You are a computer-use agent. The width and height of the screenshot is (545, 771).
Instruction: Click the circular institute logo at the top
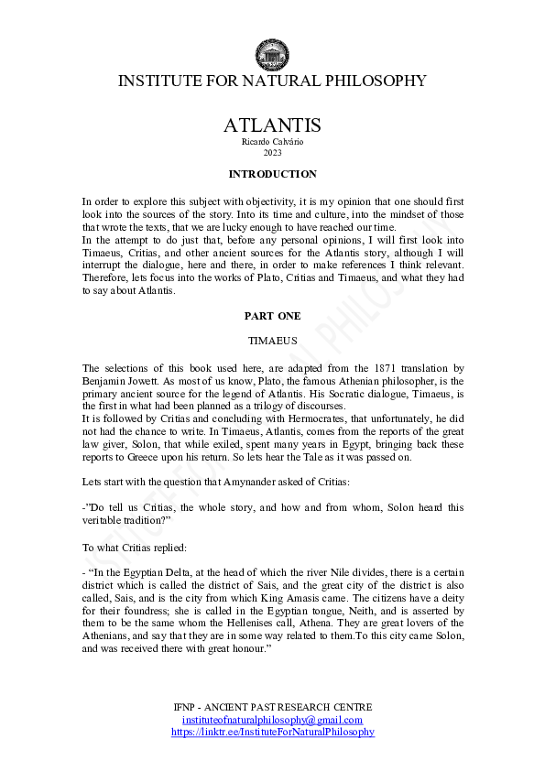[x=272, y=54]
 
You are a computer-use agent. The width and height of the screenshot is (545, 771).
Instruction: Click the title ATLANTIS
[x=272, y=125]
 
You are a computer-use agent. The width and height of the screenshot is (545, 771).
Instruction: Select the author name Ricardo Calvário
[x=272, y=141]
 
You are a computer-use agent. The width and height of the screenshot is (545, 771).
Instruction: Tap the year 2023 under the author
[x=272, y=152]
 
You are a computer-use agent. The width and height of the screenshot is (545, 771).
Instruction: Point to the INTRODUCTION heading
[x=272, y=174]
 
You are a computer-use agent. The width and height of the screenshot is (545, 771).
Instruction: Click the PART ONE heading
[x=272, y=316]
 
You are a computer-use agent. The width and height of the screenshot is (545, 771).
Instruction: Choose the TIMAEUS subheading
[x=272, y=339]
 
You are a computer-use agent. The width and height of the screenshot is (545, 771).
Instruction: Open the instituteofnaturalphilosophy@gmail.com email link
[x=272, y=720]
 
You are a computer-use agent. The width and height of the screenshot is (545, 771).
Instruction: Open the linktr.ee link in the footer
[x=272, y=732]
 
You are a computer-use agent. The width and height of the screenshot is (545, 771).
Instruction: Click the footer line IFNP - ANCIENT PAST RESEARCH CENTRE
[x=272, y=708]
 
